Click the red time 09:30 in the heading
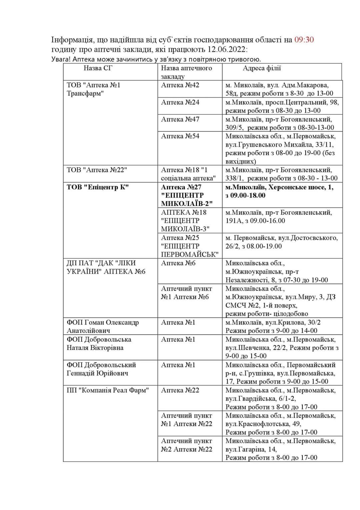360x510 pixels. pos(304,40)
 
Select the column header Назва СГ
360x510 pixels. pos(98,68)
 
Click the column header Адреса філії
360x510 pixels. pos(262,68)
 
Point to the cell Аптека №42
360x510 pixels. pos(180,85)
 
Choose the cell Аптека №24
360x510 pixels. pos(180,102)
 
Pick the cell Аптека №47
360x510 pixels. pos(180,119)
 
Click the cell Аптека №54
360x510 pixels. pos(180,136)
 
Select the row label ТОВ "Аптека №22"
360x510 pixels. pos(97,170)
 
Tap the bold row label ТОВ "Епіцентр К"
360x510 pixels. pos(98,187)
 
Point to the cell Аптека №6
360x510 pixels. pos(178,263)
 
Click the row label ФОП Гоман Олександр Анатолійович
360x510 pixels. pos(103,326)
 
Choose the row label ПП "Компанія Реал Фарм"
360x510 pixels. pos(108,390)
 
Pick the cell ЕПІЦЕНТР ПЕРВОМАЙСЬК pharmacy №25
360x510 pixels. pos(189,246)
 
